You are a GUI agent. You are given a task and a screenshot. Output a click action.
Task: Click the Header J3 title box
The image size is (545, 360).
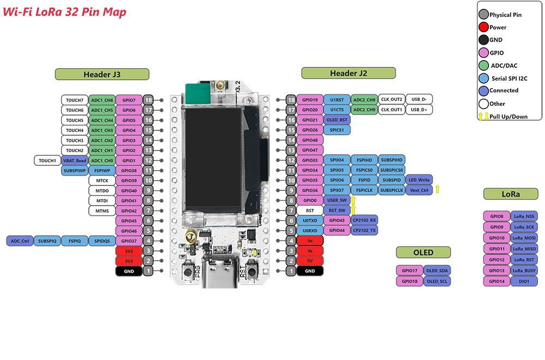coord(101,75)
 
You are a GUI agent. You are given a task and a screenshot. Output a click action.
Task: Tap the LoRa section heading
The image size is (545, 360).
coord(511,194)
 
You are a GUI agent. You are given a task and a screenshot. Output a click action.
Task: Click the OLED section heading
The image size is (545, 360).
coord(423,252)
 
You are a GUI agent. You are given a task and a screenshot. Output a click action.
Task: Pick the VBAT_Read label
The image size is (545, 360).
coord(75,160)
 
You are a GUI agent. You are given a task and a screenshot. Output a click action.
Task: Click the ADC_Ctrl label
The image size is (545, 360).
coord(20,241)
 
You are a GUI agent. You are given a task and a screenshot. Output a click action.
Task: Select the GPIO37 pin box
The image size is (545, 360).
coord(129,241)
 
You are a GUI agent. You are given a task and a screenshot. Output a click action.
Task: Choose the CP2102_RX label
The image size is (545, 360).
coord(364,220)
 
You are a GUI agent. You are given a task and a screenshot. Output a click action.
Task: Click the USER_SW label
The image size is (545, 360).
coord(337,200)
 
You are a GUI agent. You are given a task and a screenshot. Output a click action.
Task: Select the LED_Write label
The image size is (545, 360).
coord(419,179)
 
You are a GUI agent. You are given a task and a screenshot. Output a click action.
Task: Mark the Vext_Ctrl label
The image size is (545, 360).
coord(419,190)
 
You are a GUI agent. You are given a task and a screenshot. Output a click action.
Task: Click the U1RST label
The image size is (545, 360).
coord(337,100)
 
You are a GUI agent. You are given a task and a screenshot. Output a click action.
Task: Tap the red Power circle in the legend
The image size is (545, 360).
coord(483,27)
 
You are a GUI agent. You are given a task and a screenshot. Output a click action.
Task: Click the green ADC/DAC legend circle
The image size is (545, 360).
coord(483,65)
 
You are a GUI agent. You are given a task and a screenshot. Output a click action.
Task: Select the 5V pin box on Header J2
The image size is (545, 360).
coord(310,261)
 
